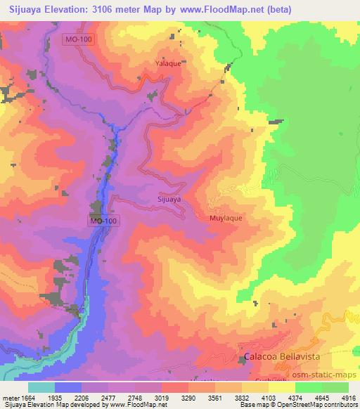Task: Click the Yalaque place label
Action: [x=168, y=63]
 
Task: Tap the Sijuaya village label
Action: [x=169, y=200]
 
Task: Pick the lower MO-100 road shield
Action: [x=104, y=221]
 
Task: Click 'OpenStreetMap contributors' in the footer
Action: [x=319, y=405]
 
